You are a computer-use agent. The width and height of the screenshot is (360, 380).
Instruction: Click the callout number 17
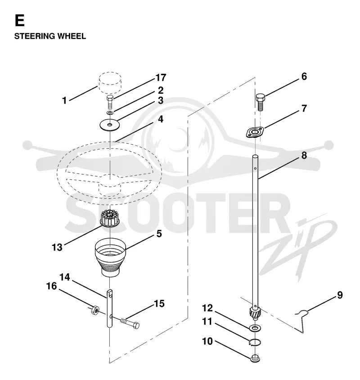(161, 77)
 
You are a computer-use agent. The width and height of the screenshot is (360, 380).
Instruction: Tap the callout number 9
(340, 295)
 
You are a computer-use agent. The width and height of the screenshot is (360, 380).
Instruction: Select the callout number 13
(57, 248)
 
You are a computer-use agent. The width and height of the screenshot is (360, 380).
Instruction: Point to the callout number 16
(51, 286)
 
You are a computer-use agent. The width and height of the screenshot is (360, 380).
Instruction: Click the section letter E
(20, 20)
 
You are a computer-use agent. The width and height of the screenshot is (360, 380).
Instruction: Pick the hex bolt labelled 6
(260, 102)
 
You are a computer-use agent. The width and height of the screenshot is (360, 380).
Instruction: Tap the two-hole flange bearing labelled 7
(255, 133)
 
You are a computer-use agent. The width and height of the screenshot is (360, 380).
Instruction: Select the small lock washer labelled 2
(110, 113)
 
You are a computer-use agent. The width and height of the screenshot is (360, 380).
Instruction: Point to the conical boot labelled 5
(110, 257)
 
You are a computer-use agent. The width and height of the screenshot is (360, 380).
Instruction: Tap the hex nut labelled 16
(95, 310)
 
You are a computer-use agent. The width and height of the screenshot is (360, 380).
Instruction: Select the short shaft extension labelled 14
(110, 308)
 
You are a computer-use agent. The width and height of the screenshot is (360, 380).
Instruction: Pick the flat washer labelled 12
(255, 328)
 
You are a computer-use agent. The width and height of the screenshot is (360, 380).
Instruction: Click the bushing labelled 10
(255, 358)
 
